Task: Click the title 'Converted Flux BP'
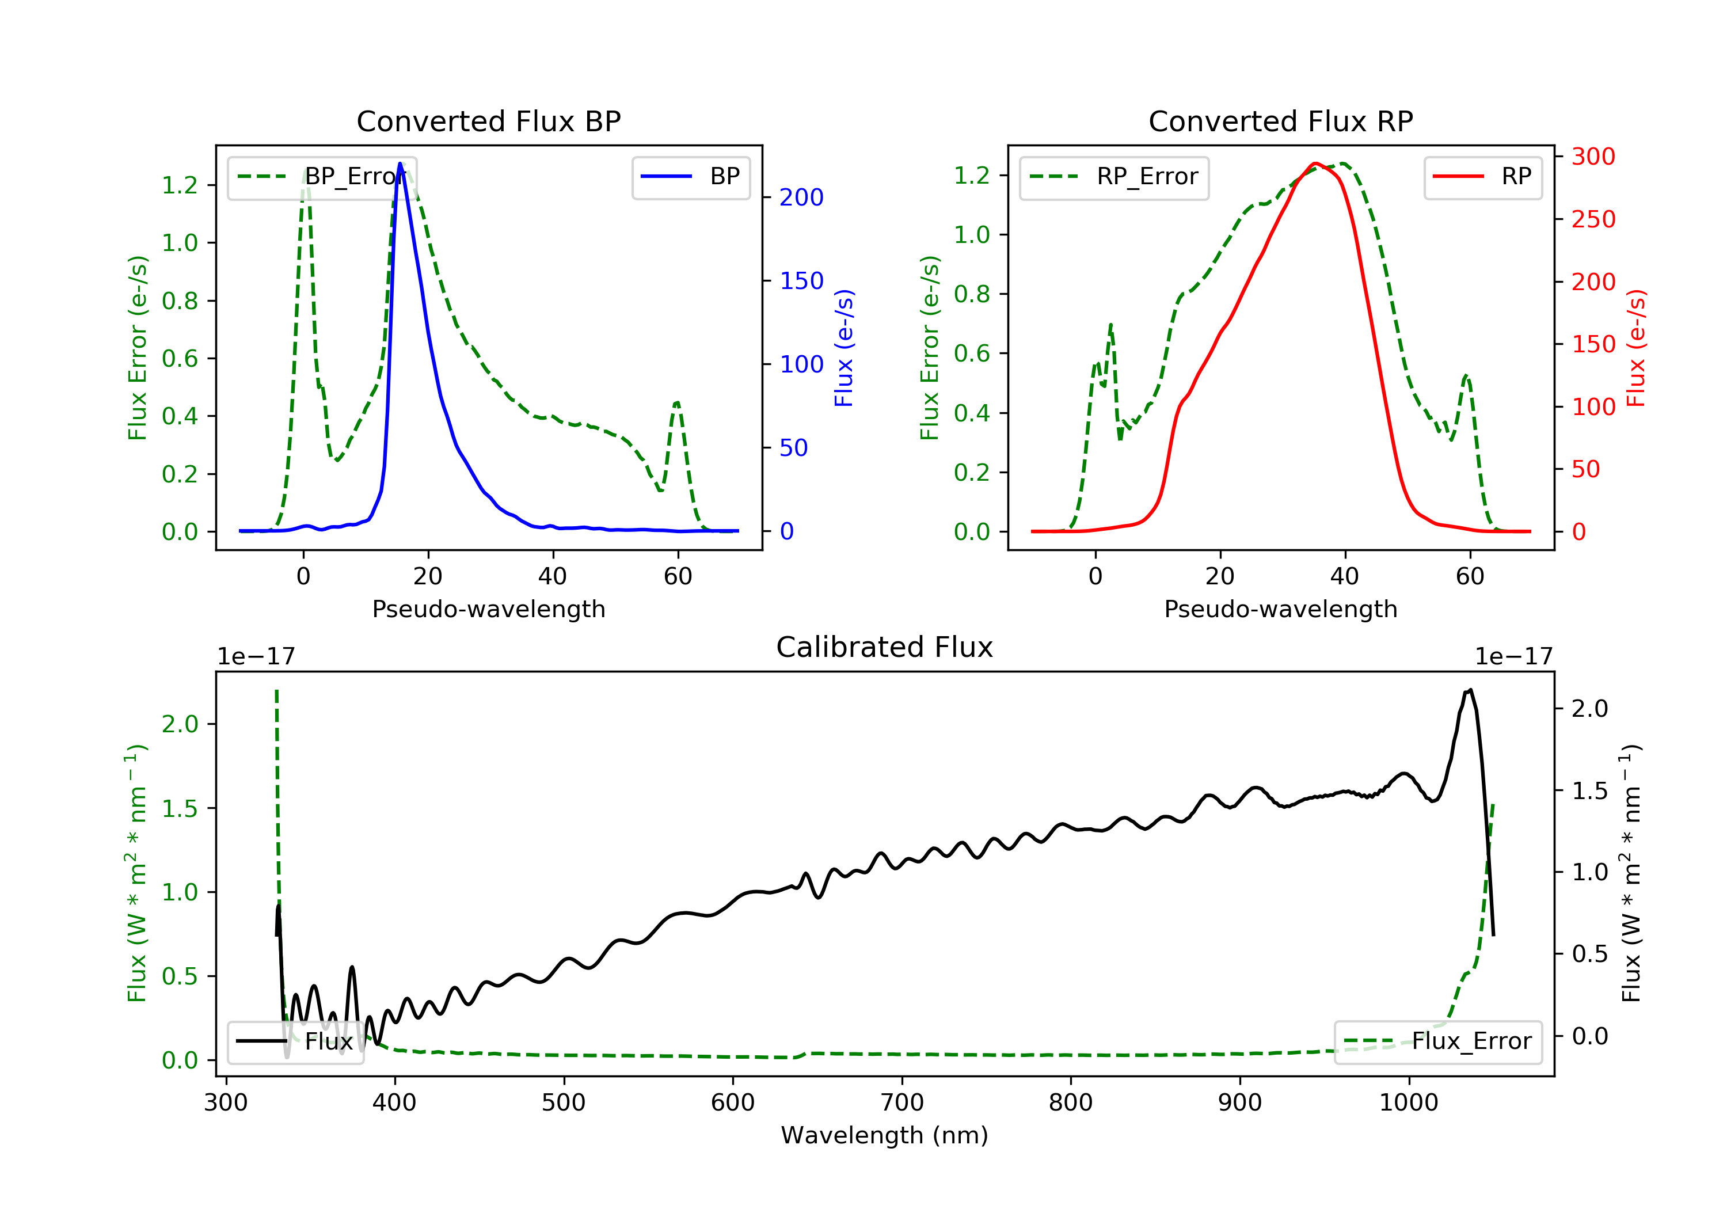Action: pyautogui.click(x=488, y=121)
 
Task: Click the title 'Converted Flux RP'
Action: pyautogui.click(x=1280, y=121)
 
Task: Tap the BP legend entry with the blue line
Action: pyautogui.click(x=690, y=176)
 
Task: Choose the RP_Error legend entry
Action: pyautogui.click(x=1113, y=177)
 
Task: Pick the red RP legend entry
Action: pyautogui.click(x=1482, y=176)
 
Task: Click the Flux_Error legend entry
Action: pyautogui.click(x=1437, y=1041)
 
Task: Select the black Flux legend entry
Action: pyautogui.click(x=295, y=1041)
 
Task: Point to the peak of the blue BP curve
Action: pyautogui.click(x=400, y=164)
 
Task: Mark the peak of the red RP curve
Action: pyautogui.click(x=1315, y=164)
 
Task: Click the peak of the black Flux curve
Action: pyautogui.click(x=1470, y=690)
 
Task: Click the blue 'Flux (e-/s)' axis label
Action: pyautogui.click(x=844, y=348)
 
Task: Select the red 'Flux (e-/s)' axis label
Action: pyautogui.click(x=1636, y=348)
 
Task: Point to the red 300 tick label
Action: pyautogui.click(x=1593, y=157)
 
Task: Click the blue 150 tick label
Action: pyautogui.click(x=801, y=280)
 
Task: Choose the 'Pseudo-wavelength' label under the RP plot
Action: pyautogui.click(x=1280, y=609)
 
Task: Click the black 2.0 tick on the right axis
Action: pyautogui.click(x=1589, y=709)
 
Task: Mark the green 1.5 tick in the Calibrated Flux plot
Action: pyautogui.click(x=180, y=809)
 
